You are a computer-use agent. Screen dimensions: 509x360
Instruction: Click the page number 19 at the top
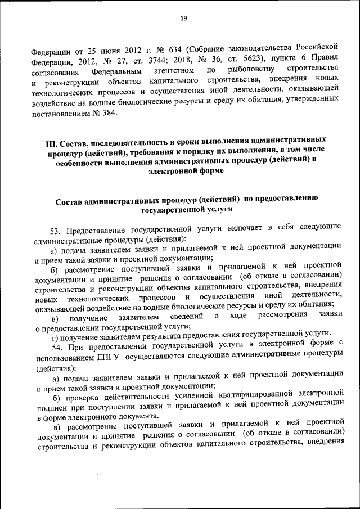pos(183,18)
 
